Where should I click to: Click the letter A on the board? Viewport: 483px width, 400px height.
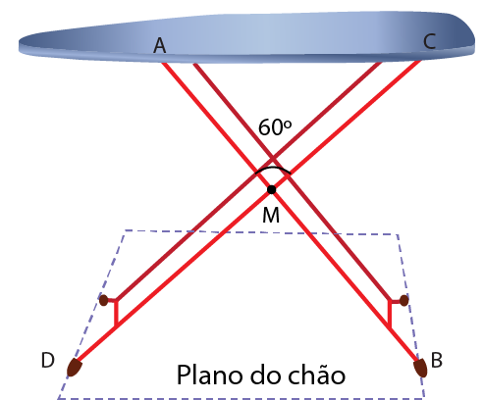click(160, 45)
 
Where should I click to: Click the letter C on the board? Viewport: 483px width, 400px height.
click(429, 42)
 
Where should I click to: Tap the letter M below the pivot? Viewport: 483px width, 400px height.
click(271, 215)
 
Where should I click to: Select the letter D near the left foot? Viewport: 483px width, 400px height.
click(48, 360)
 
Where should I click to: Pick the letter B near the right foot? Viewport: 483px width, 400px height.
click(437, 360)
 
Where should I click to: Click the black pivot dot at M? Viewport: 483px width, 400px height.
click(271, 189)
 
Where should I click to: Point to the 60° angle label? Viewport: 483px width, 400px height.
click(275, 127)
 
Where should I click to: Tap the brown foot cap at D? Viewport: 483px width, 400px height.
click(74, 368)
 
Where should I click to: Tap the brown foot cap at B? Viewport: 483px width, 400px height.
click(420, 368)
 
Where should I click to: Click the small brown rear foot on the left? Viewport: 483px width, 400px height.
click(103, 300)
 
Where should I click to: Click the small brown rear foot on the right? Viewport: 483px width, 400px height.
click(404, 300)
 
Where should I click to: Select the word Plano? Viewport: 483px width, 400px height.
click(209, 375)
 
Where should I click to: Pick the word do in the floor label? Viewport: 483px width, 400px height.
click(265, 374)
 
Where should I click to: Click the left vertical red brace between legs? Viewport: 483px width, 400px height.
click(116, 313)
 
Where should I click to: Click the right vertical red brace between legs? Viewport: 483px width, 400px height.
click(390, 314)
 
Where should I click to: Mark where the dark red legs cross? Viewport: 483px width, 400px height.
click(273, 159)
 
